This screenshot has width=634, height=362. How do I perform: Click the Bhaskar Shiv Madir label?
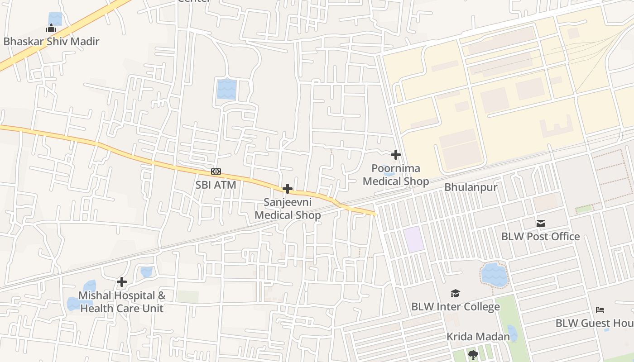tap(51, 42)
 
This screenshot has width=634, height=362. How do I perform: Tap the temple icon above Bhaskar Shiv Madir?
tap(51, 29)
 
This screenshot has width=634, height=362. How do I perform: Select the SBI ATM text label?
tap(216, 185)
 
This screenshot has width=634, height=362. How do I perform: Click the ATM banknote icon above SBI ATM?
tap(216, 171)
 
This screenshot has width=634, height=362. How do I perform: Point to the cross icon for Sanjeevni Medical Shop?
tap(287, 189)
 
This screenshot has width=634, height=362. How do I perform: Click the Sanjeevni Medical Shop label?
tap(288, 209)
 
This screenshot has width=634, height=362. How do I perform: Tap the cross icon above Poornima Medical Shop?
tap(396, 155)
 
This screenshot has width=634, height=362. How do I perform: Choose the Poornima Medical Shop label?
tap(396, 175)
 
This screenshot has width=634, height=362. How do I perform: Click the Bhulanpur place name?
tap(471, 187)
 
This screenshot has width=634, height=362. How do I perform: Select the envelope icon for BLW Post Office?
tap(541, 223)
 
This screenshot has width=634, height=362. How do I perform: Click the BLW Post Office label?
tap(540, 236)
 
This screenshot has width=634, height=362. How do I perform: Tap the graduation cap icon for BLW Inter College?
tap(455, 294)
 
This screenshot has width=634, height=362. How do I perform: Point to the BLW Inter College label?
tap(455, 306)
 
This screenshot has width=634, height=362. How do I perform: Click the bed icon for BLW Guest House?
tap(600, 310)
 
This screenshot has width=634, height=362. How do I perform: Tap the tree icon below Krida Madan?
tap(473, 355)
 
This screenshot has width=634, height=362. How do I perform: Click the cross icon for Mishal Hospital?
tap(122, 282)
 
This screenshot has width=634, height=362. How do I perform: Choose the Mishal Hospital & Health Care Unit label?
tap(122, 302)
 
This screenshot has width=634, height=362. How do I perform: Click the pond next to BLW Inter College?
tap(494, 274)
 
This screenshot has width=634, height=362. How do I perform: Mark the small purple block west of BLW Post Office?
tap(414, 240)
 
